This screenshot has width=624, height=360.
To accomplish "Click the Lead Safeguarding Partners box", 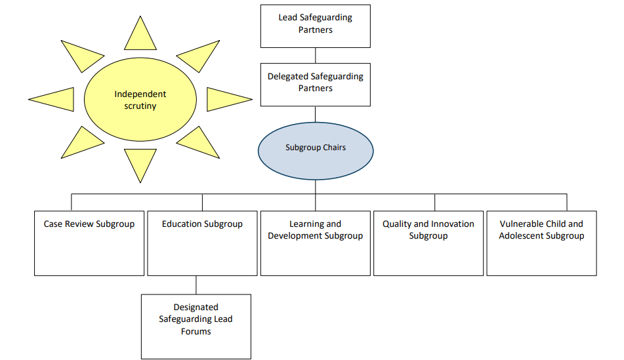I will [315, 26].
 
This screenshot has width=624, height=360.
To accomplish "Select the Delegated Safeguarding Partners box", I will [315, 84].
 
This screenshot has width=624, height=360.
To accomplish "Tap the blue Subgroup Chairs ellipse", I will [315, 150].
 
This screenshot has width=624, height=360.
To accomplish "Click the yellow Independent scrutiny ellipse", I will [140, 100].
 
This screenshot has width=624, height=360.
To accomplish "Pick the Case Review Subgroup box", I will [89, 243].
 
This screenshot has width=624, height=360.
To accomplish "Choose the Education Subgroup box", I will [202, 243].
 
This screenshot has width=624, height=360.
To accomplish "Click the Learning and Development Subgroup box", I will [315, 243].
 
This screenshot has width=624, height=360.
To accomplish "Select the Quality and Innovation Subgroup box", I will [428, 243].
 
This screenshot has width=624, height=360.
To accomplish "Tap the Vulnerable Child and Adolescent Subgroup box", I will [541, 243].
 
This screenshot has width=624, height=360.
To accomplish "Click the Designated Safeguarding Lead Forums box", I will [196, 326].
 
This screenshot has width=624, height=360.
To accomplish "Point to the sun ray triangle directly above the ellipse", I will [140, 36].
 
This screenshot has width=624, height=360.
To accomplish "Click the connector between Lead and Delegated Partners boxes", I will [315, 55].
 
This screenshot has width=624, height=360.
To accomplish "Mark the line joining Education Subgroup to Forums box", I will [196, 285].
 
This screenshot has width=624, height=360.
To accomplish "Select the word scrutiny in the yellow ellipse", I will [140, 106].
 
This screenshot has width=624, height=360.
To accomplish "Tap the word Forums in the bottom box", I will [196, 331].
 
